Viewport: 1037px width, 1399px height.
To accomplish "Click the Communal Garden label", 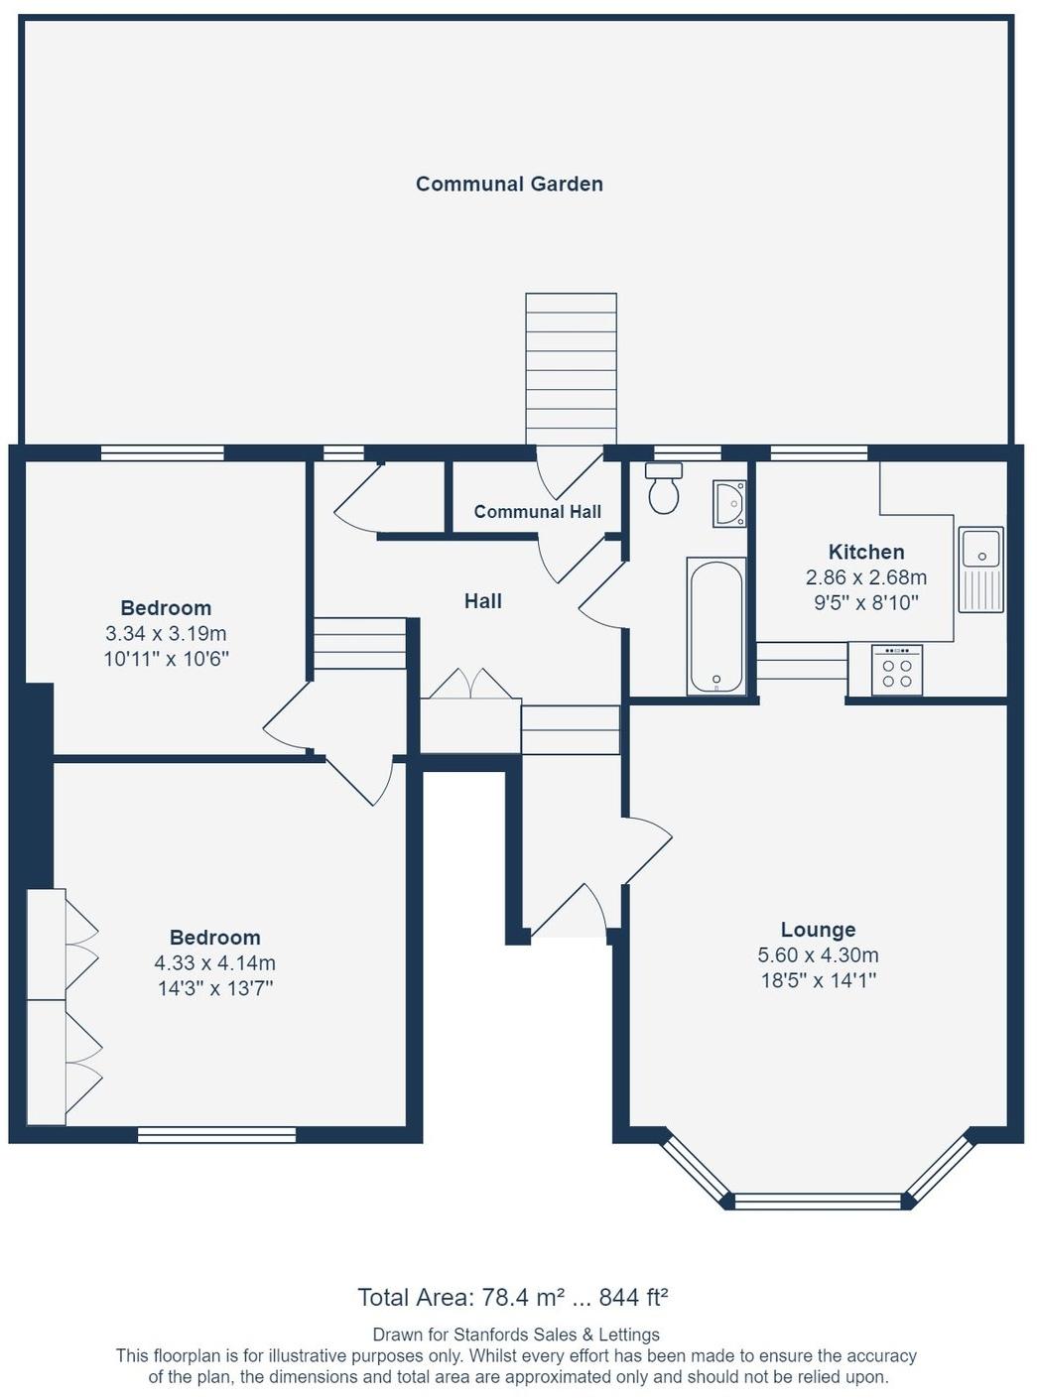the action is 509,185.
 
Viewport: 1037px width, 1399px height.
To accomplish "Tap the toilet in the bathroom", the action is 664,487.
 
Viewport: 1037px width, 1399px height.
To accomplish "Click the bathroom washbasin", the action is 729,503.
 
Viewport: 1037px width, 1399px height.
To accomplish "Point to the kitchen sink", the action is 980,570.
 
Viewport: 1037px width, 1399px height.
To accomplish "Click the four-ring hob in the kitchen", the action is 897,671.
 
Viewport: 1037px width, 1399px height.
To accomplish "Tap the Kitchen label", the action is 866,552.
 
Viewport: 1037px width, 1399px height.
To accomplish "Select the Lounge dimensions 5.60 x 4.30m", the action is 818,954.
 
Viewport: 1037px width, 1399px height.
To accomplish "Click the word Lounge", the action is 818,929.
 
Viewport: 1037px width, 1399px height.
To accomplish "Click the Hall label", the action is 483,601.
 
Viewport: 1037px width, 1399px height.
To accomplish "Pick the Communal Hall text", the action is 538,512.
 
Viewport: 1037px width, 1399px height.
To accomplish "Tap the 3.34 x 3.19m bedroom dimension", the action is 167,633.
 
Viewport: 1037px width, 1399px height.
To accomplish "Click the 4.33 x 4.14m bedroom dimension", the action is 215,963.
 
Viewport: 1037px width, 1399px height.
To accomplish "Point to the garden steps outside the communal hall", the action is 571,369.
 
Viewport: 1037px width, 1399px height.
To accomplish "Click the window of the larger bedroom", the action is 216,1135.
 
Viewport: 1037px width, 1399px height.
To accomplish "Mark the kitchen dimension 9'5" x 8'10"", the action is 866,603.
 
